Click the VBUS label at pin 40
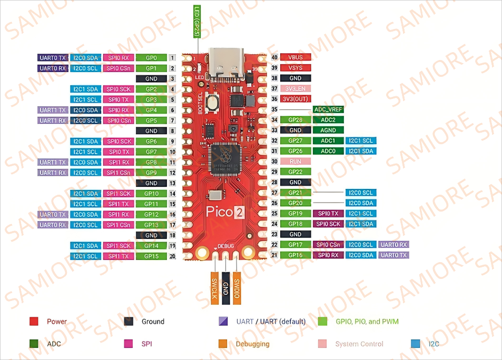pos(296,57)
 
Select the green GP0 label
pos(151,58)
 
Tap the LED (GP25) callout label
pos(196,21)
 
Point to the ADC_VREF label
pos(328,109)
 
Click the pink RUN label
pos(296,162)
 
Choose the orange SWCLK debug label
pos(214,287)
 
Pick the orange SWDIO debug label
pos(237,287)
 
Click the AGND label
pos(328,130)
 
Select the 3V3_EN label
pos(296,88)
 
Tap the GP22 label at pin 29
pos(296,172)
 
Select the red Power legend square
pos(34,322)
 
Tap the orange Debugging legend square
pos(223,344)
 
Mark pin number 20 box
pos(172,256)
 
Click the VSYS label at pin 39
pos(296,68)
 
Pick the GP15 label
pos(151,256)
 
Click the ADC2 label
pos(328,119)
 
